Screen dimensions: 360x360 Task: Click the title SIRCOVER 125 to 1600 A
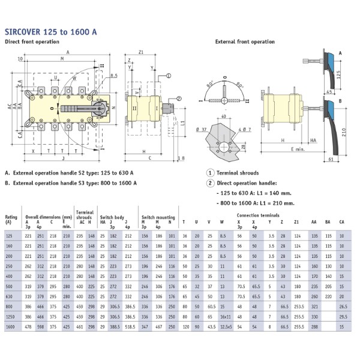click(50, 31)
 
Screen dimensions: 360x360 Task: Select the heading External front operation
click(245, 42)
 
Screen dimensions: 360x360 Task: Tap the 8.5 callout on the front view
click(113, 76)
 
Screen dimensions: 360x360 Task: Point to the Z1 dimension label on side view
click(141, 53)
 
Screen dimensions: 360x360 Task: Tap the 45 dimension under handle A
click(331, 92)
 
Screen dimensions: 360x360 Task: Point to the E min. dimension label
click(296, 148)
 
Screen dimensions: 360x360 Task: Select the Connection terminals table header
click(258, 214)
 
